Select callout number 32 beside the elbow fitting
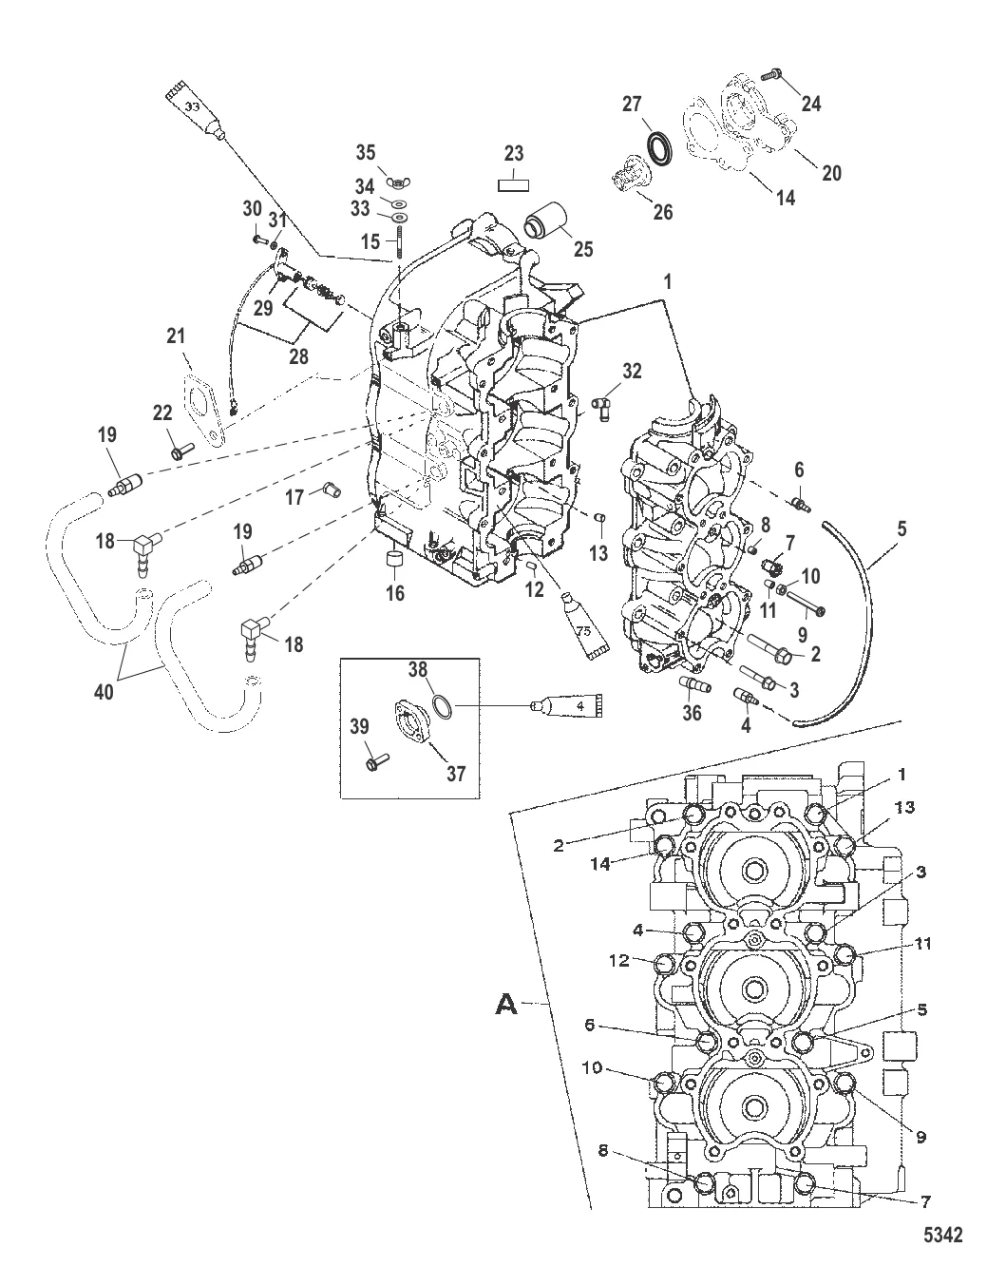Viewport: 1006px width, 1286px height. pos(633,370)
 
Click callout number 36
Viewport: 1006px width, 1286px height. pos(693,712)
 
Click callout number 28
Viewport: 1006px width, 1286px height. pos(298,356)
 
